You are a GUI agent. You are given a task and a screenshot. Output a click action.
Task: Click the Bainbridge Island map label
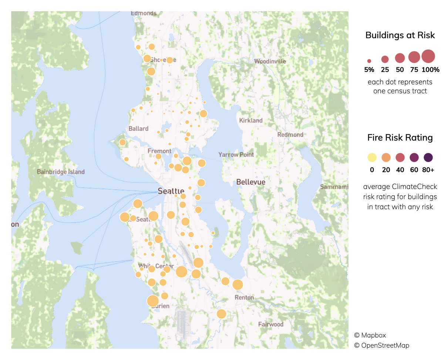pyautogui.click(x=61, y=172)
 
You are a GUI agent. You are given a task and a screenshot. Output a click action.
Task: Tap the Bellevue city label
pyautogui.click(x=251, y=182)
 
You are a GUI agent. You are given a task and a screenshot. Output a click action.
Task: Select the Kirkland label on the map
pyautogui.click(x=251, y=120)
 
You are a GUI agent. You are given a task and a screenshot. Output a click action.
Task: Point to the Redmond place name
pyautogui.click(x=290, y=135)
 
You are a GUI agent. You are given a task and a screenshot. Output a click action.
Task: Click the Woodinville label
pyautogui.click(x=270, y=61)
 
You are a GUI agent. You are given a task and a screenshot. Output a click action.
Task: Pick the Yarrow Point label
pyautogui.click(x=236, y=154)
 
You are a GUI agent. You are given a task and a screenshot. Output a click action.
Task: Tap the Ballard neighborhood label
pyautogui.click(x=138, y=129)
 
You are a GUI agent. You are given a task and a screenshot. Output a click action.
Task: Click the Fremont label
pyautogui.click(x=159, y=151)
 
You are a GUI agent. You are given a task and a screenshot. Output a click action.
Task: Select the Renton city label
pyautogui.click(x=244, y=297)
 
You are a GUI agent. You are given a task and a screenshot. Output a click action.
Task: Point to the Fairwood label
pyautogui.click(x=271, y=324)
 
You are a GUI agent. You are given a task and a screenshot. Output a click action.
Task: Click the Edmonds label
pyautogui.click(x=144, y=13)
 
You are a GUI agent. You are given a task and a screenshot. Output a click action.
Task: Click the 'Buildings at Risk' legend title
pyautogui.click(x=400, y=36)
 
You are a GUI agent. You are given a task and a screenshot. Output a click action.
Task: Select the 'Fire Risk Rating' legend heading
pyautogui.click(x=400, y=138)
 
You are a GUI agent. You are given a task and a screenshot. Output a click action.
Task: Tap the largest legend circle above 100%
pyautogui.click(x=428, y=56)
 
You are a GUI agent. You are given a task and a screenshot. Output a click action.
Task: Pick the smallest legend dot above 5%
pyautogui.click(x=369, y=61)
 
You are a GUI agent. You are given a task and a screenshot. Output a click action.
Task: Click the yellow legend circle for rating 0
pyautogui.click(x=372, y=158)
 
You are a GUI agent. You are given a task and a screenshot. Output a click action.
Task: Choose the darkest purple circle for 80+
pyautogui.click(x=428, y=158)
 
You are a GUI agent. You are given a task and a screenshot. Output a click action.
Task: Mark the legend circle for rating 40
pyautogui.click(x=400, y=158)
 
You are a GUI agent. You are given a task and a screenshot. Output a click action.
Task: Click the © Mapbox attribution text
pyautogui.click(x=370, y=335)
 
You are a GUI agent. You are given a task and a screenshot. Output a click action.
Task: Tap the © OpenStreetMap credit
pyautogui.click(x=381, y=346)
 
